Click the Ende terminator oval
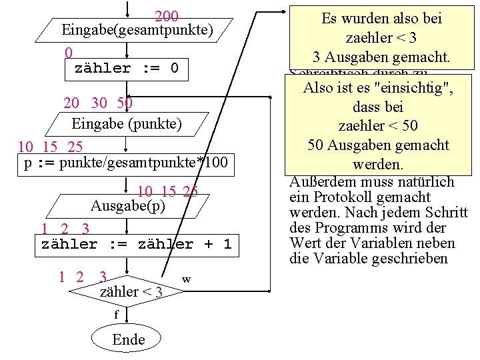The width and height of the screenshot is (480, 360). pyautogui.click(x=129, y=339)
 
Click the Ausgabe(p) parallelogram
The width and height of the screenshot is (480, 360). pyautogui.click(x=128, y=205)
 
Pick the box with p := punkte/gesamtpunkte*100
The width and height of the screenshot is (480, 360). pyautogui.click(x=126, y=163)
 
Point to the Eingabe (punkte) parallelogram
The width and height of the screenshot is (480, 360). pyautogui.click(x=127, y=123)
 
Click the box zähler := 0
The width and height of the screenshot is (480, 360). pyautogui.click(x=127, y=68)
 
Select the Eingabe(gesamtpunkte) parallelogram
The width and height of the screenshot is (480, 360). pyautogui.click(x=137, y=30)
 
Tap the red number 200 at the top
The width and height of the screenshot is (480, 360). pyautogui.click(x=166, y=16)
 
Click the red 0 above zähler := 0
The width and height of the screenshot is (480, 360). pyautogui.click(x=69, y=52)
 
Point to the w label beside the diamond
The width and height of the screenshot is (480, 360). pyautogui.click(x=187, y=279)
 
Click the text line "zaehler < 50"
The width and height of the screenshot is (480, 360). pyautogui.click(x=379, y=125)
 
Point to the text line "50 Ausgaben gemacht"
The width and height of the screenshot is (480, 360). pyautogui.click(x=379, y=145)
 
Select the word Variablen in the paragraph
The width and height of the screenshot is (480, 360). pyautogui.click(x=395, y=243)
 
